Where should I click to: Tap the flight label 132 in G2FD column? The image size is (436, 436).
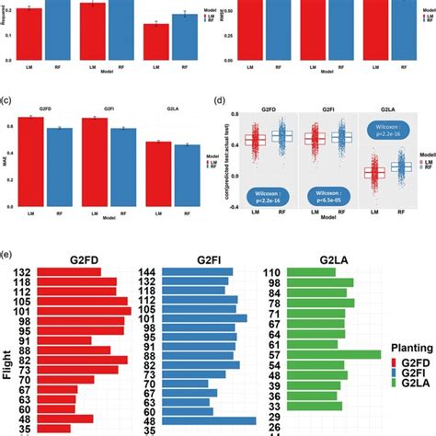coord(48,273)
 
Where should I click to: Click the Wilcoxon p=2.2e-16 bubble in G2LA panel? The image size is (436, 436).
coord(384,131)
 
